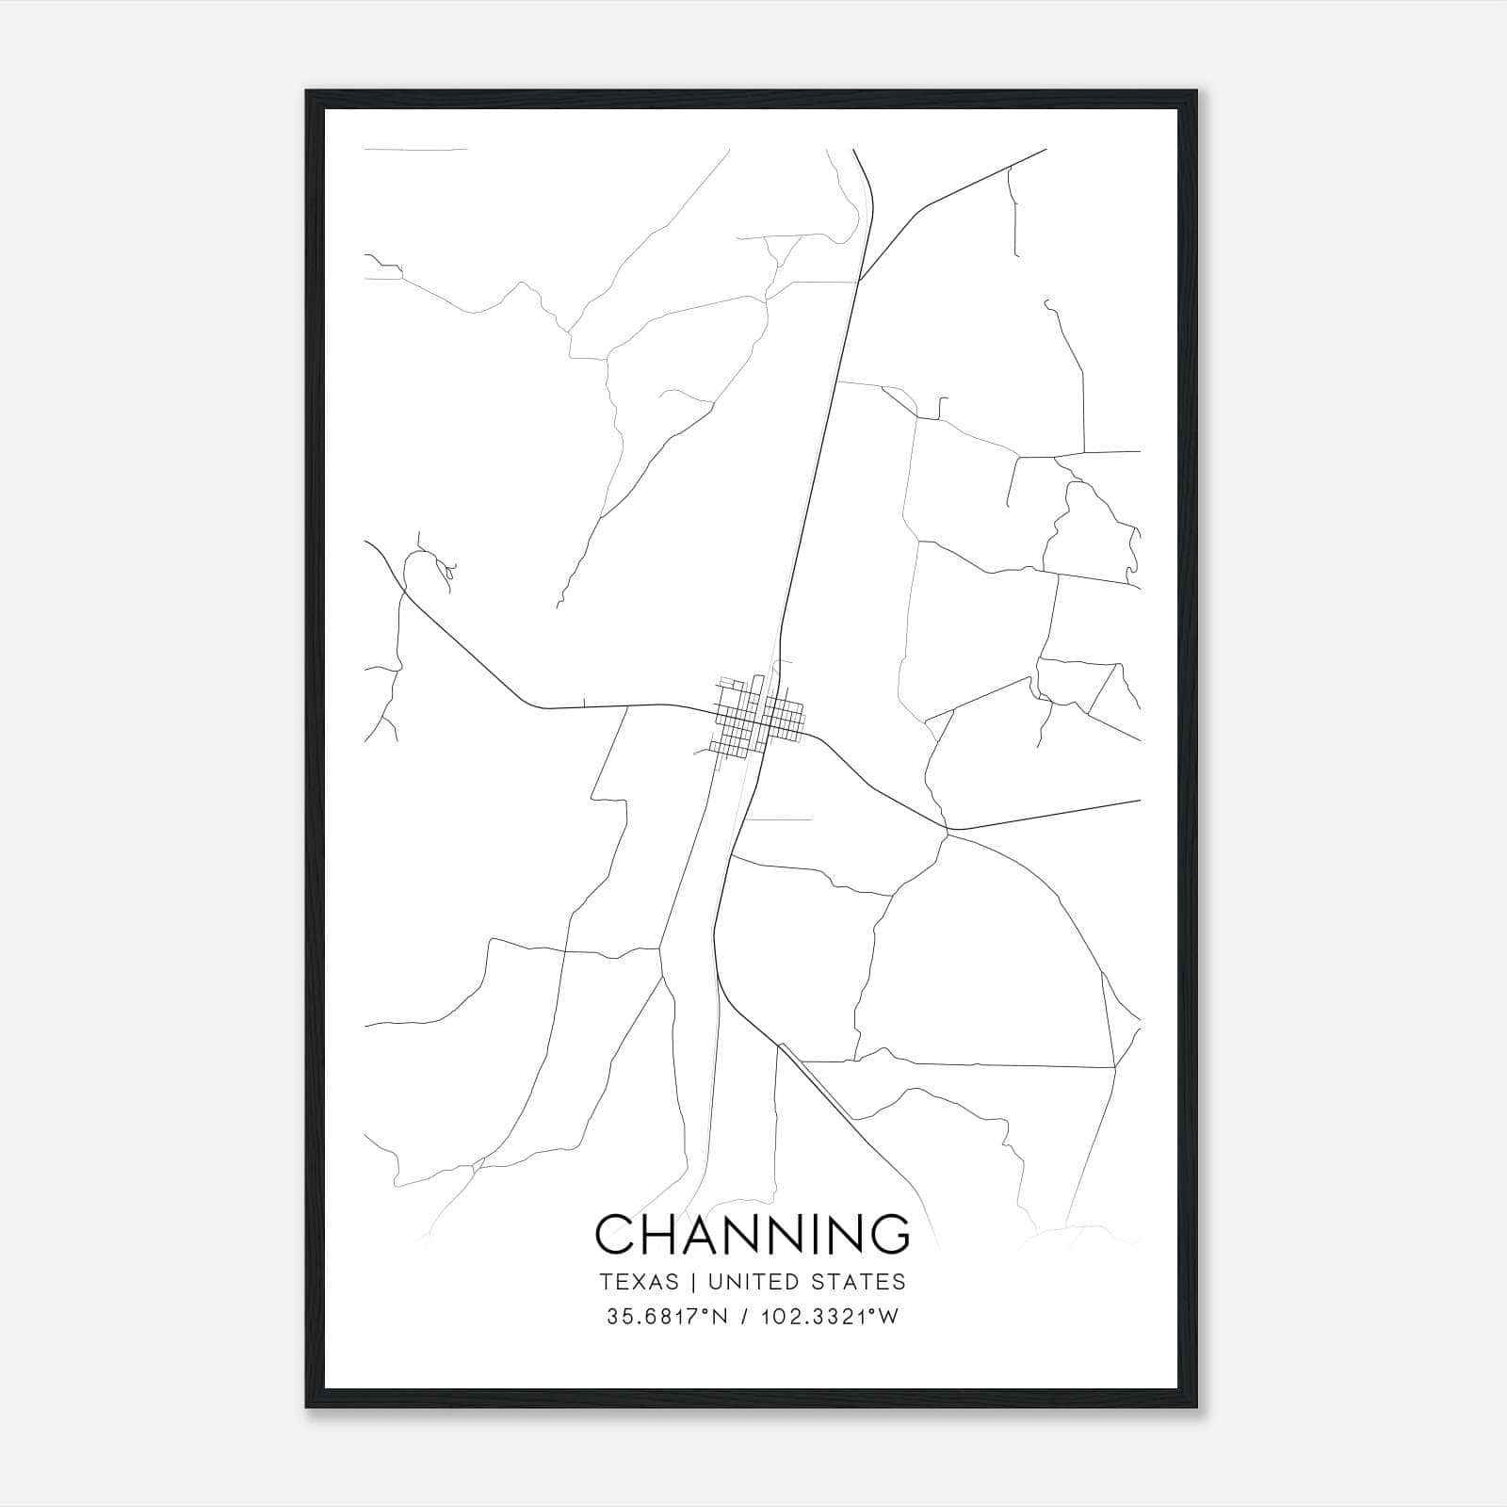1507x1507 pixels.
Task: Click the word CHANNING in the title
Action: pos(753,1234)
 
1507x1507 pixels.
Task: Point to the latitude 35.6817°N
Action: pos(668,1317)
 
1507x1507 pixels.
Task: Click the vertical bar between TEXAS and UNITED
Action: pos(693,1282)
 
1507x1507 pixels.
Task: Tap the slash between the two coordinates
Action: pos(745,1317)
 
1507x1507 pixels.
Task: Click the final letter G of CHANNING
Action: pos(889,1234)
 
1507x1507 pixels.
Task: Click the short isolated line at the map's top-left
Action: pos(414,149)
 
